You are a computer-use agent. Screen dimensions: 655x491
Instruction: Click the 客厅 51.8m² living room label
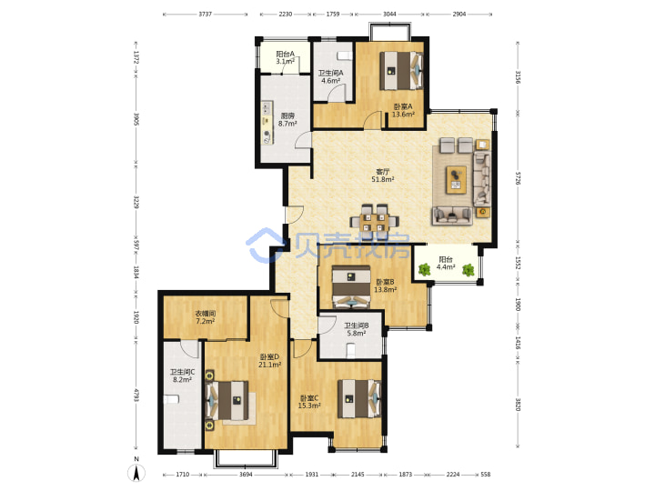(383, 175)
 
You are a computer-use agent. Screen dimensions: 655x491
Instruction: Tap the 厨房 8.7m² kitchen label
(287, 120)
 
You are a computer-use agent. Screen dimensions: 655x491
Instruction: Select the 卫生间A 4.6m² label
(330, 76)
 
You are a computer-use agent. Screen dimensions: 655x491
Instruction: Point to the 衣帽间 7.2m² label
(205, 317)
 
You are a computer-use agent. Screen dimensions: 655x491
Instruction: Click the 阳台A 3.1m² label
(285, 57)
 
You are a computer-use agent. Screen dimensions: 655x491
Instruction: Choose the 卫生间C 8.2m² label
(182, 376)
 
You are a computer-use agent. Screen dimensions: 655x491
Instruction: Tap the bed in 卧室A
(401, 70)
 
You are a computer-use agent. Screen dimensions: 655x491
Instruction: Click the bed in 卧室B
(351, 286)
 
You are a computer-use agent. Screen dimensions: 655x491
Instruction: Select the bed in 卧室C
(358, 399)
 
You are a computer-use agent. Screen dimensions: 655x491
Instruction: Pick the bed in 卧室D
(227, 401)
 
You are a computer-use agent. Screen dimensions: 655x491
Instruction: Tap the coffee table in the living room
(456, 179)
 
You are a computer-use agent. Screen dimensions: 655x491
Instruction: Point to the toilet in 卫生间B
(351, 350)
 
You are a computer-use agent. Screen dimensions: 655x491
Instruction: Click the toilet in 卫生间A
(343, 55)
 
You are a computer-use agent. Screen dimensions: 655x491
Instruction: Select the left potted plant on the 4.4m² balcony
(424, 270)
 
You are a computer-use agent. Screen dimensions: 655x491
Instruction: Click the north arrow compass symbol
(136, 471)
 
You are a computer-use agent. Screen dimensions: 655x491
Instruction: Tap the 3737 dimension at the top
(205, 15)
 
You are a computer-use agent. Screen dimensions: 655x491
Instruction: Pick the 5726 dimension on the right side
(518, 178)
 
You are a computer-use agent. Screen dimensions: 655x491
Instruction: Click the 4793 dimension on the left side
(136, 395)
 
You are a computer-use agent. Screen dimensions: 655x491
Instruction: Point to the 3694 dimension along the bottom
(246, 475)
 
